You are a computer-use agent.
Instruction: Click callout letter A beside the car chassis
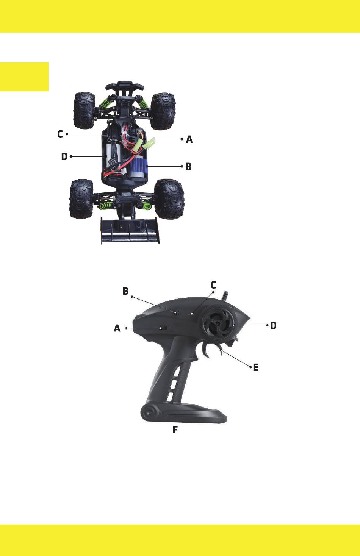click(189, 139)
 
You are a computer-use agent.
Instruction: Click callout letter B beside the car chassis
click(188, 166)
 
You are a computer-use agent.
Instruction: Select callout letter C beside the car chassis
click(60, 134)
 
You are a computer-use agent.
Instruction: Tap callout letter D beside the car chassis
click(64, 156)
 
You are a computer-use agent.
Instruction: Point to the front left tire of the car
click(85, 111)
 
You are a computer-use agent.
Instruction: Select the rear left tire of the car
click(81, 198)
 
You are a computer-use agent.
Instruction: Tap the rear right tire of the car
click(169, 199)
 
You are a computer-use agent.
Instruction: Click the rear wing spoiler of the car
click(130, 231)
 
